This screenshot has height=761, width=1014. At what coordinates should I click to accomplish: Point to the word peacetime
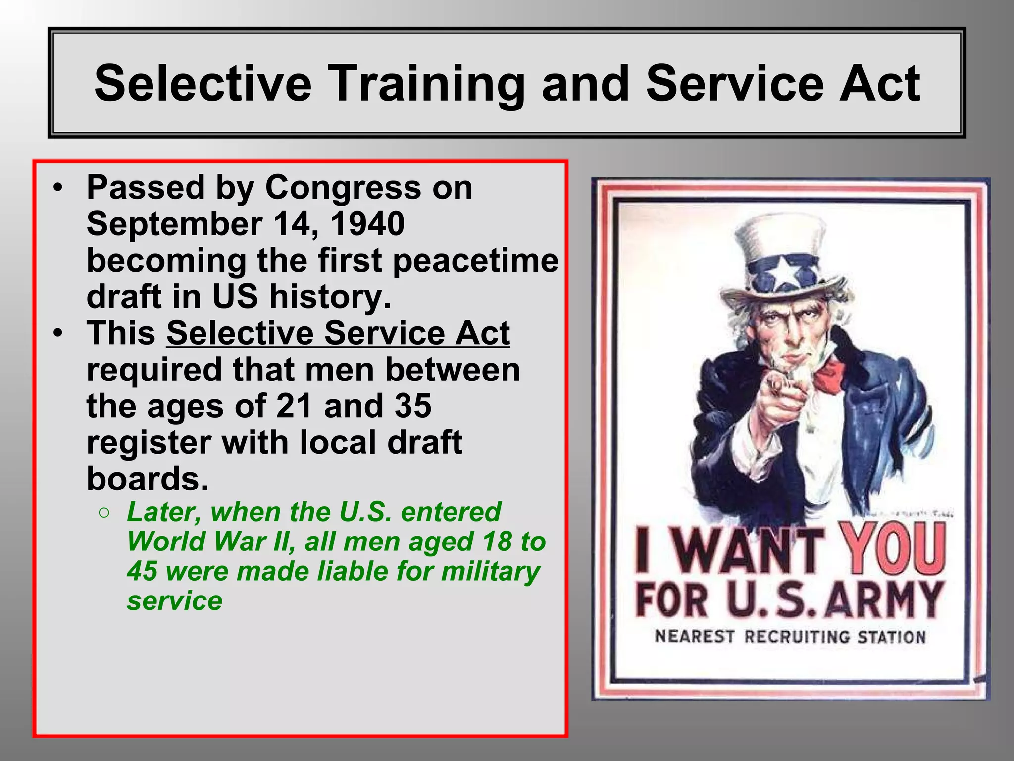[475, 261]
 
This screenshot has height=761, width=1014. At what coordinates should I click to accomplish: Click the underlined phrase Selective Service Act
[338, 333]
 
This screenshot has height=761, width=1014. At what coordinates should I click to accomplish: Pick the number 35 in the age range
[413, 406]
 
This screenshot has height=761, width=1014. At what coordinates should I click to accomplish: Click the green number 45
[142, 571]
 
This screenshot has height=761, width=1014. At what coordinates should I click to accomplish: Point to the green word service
[174, 600]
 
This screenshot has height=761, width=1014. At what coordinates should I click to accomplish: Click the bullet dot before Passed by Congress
[58, 188]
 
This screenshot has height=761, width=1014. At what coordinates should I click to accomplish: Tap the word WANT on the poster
[748, 550]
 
